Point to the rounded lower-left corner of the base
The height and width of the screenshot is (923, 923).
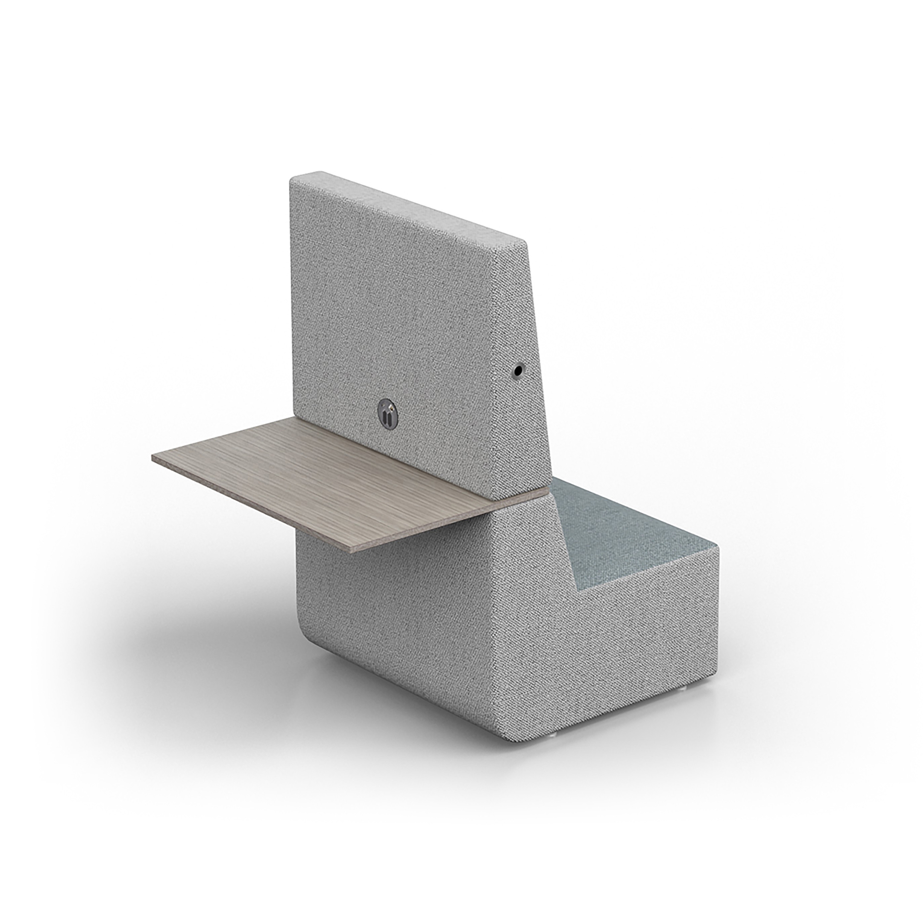306,631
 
